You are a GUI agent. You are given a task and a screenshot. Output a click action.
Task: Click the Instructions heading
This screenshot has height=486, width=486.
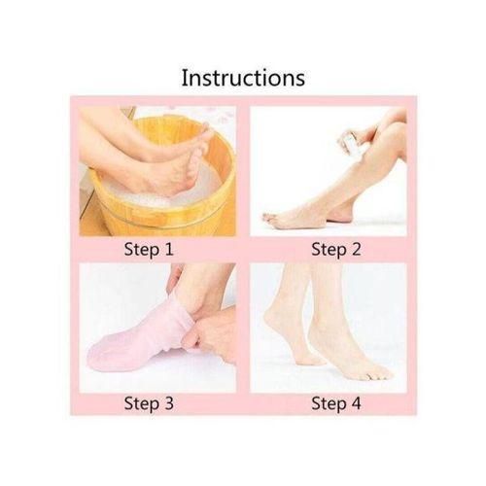coord(243,77)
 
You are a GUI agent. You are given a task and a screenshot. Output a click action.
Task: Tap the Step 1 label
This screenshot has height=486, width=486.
coord(148,250)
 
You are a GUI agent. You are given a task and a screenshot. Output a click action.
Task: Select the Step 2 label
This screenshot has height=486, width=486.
coord(335,250)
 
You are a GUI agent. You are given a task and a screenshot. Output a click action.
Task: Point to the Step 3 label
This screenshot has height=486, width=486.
coord(148,402)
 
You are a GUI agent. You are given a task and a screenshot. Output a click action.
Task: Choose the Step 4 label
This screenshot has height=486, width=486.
coord(335,402)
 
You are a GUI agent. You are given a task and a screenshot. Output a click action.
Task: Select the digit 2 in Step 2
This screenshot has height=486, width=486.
coord(357,250)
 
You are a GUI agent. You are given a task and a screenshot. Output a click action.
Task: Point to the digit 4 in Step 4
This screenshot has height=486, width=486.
coord(357,402)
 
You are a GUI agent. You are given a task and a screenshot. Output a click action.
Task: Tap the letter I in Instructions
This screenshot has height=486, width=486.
coord(185,77)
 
